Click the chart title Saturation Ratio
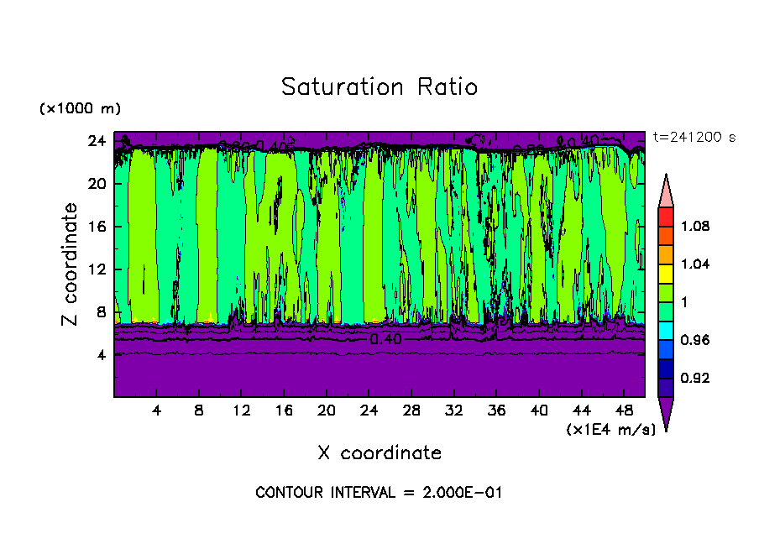379,87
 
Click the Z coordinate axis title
71,264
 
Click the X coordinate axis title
379,453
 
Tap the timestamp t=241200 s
694,138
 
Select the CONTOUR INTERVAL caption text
379,493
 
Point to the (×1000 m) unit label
81,109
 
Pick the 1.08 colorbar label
696,226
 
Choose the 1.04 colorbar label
696,264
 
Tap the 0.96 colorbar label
696,340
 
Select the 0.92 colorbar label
696,378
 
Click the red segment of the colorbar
665,216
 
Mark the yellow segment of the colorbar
665,273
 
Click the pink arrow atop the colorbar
665,190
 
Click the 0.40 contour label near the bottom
385,339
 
